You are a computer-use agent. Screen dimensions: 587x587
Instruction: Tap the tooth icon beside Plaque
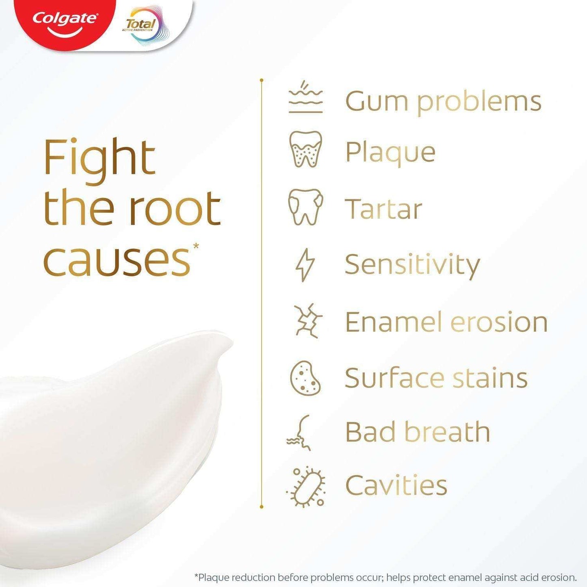305,149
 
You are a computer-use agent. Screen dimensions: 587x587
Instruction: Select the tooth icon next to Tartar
305,207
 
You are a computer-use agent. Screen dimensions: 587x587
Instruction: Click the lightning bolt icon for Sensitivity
305,264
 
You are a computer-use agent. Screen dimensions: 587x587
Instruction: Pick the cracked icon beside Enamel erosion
308,321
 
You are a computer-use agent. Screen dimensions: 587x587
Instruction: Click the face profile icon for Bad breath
301,432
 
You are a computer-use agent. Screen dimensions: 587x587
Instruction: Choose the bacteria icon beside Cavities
305,487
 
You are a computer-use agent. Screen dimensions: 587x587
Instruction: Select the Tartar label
383,209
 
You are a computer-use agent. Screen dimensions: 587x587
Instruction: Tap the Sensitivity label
412,265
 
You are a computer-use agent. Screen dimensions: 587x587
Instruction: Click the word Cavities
396,485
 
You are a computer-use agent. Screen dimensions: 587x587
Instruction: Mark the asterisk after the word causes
197,246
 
